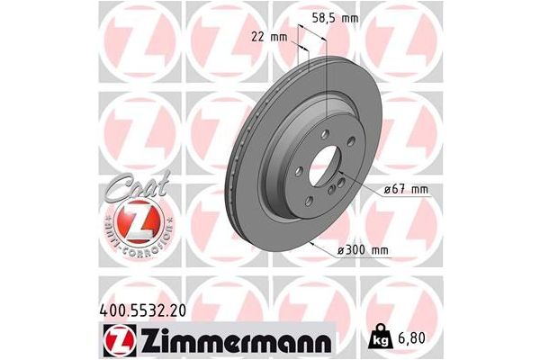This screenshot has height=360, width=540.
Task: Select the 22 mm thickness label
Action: [267, 38]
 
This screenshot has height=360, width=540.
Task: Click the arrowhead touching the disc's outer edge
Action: [310, 242]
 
